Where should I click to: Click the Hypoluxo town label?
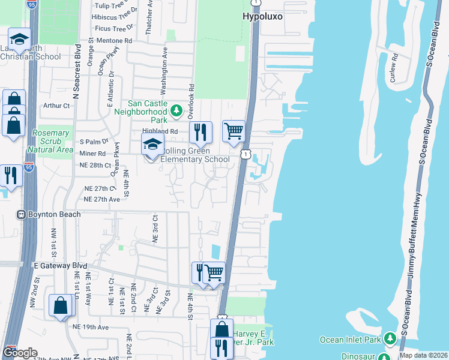coord(262,17)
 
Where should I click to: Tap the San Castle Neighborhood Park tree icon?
coord(176,110)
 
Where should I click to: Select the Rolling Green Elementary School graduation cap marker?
coord(152,145)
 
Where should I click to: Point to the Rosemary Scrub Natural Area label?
coord(52,141)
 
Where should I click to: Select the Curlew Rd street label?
coord(394,67)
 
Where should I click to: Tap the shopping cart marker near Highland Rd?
coord(234,131)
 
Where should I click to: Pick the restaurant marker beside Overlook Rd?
coord(200,132)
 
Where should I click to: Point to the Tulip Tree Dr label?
coord(113,5)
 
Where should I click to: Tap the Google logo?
coord(20,353)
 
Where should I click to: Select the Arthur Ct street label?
coord(57,106)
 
